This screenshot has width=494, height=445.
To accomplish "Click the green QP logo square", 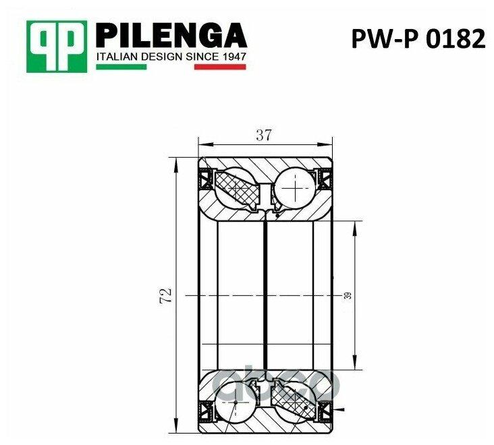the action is [57, 47].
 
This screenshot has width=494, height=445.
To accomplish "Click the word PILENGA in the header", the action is [171, 35].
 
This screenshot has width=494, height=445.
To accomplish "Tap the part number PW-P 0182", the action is [418, 38].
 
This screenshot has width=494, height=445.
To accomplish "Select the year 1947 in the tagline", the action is [233, 57].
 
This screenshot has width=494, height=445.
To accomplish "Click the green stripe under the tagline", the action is [121, 67].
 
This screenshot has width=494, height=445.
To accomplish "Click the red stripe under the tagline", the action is [220, 67].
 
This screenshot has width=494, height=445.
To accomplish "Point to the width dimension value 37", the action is [264, 136].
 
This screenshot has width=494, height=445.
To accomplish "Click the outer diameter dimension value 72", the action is [166, 295].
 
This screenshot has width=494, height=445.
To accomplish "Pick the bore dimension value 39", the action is [348, 295].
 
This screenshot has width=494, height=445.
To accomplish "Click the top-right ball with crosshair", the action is [295, 188].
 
